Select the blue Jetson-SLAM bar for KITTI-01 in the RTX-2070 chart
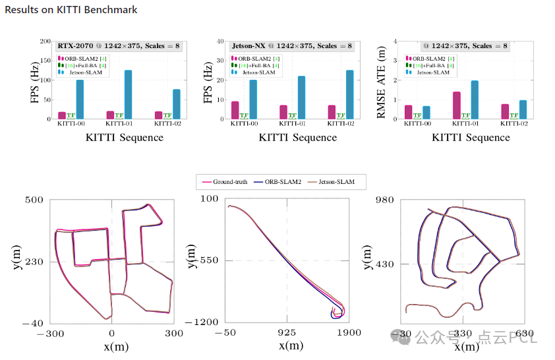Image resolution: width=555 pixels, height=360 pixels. point(128,94)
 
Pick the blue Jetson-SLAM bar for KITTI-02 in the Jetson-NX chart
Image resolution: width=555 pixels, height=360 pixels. point(349,94)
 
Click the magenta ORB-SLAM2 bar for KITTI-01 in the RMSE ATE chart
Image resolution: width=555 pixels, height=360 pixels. point(456,105)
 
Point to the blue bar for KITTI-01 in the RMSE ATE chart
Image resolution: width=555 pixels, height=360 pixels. point(474,100)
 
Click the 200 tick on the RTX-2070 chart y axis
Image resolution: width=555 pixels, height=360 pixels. point(45,42)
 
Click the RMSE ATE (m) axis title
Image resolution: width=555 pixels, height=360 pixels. point(380,80)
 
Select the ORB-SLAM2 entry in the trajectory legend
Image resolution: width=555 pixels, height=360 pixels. point(280,181)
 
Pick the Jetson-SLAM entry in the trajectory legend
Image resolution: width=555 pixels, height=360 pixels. point(336,181)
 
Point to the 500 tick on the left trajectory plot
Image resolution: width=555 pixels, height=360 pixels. point(34,200)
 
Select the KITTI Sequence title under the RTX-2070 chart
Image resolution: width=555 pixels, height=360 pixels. point(125,137)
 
